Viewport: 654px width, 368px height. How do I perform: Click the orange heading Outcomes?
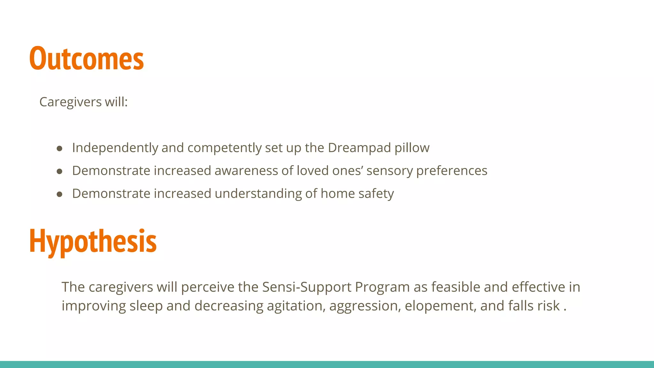point(87,58)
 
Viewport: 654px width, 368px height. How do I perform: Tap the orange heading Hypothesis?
point(93,241)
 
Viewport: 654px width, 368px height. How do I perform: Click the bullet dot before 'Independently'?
point(59,148)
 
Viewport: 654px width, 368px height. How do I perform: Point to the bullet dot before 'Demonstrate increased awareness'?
point(59,171)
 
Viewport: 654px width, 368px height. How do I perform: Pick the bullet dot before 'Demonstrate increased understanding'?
point(59,194)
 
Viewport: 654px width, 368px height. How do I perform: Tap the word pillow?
point(412,148)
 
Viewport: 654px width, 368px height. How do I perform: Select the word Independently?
point(115,148)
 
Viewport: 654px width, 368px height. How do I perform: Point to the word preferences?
point(452,171)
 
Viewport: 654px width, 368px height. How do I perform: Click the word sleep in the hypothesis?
point(146,306)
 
